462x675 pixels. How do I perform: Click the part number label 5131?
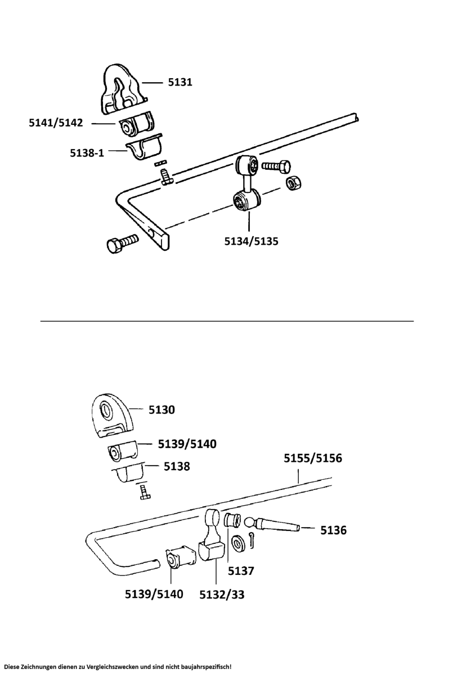point(180,82)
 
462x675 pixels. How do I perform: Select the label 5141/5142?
point(56,123)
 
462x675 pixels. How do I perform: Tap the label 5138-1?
point(87,152)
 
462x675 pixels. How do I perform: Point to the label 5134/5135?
point(252,241)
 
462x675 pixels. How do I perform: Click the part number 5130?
point(162,409)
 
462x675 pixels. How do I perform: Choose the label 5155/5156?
point(312,458)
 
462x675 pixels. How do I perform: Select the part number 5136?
point(333,530)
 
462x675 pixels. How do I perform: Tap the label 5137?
point(241,570)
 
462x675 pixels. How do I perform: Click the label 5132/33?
point(222,594)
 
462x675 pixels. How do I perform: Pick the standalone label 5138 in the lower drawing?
point(177,466)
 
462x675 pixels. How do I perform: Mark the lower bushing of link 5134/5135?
point(246,200)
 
